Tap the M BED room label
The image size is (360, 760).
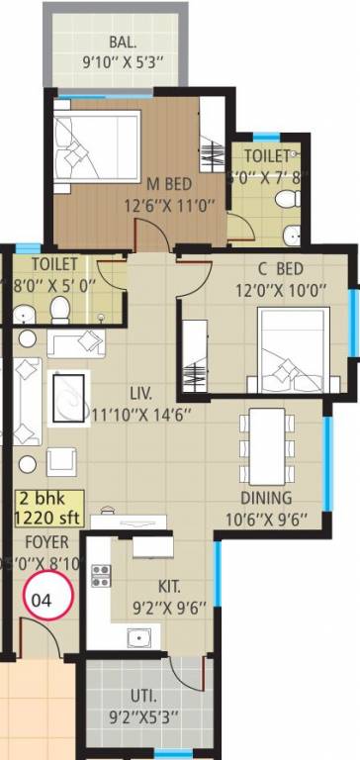[169, 183]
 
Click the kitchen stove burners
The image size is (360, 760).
[101, 575]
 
